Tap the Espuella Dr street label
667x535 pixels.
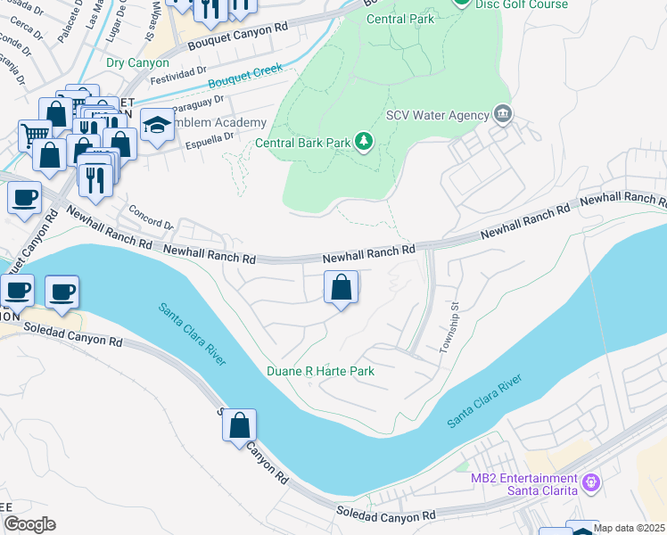tap(209, 136)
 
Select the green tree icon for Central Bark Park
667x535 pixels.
tap(363, 141)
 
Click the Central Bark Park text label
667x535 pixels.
tap(301, 142)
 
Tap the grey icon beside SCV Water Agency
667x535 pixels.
tap(503, 114)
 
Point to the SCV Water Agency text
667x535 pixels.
tap(437, 115)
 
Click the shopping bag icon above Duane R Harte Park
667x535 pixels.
tap(341, 287)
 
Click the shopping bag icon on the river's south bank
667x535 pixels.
tap(239, 424)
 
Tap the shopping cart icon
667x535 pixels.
tap(35, 136)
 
